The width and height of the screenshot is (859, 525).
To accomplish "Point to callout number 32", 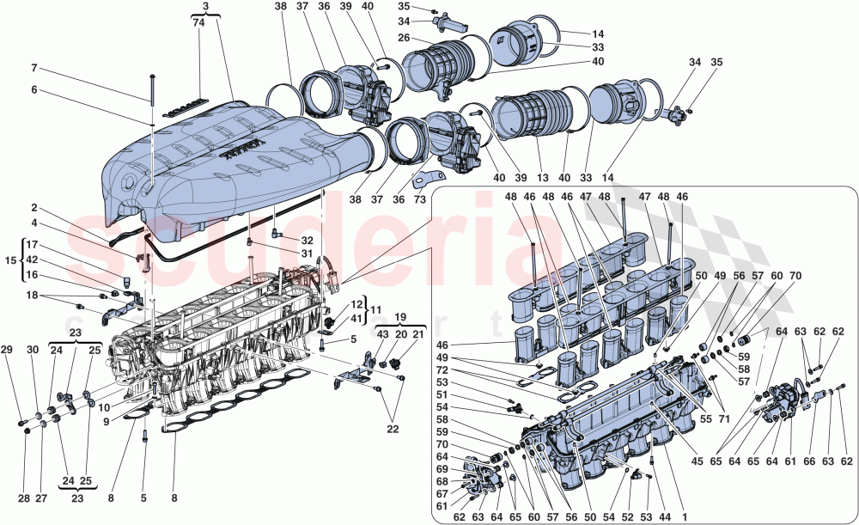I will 308,241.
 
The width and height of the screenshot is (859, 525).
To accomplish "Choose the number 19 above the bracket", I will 402,315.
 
